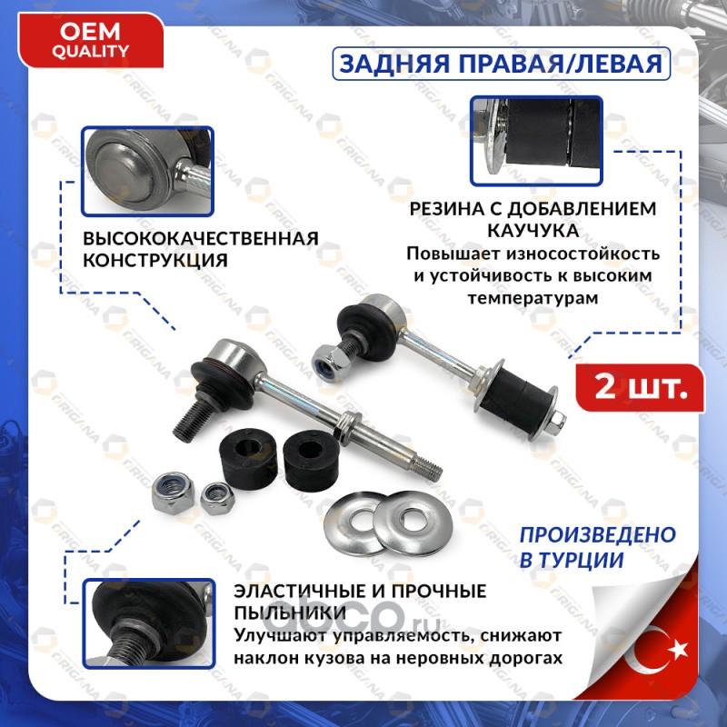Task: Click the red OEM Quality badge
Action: pos(91,41)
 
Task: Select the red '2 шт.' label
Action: pos(641,388)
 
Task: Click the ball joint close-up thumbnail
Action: pos(147,172)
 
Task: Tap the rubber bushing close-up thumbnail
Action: pos(536,141)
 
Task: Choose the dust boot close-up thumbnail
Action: pos(149,623)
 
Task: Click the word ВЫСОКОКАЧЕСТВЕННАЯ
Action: pos(201,238)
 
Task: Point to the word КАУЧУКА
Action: pos(533,231)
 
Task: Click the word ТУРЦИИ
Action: pos(578,560)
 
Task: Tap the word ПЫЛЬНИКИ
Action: pos(290,612)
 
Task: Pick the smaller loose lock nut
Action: pos(216,498)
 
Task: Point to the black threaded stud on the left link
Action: pos(193,420)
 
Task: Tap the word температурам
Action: pos(533,298)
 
